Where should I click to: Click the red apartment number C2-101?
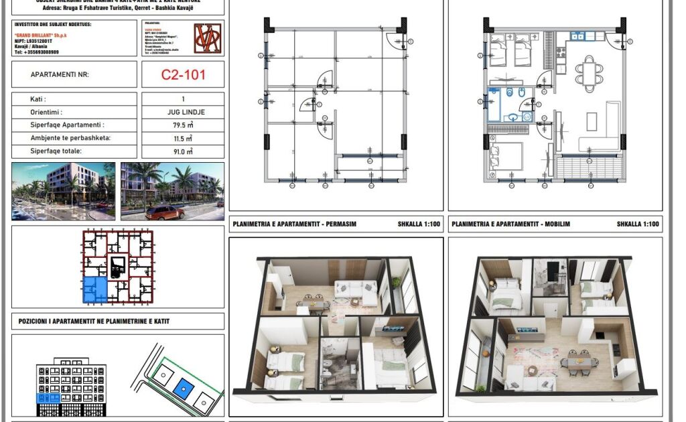pyautogui.click(x=183, y=75)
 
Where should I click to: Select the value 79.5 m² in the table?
pyautogui.click(x=182, y=125)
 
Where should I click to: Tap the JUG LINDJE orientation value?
pyautogui.click(x=182, y=113)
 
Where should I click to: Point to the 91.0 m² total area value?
pyautogui.click(x=182, y=151)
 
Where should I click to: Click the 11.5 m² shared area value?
pyautogui.click(x=182, y=139)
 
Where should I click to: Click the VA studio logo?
pyautogui.click(x=206, y=39)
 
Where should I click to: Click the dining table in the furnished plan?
pyautogui.click(x=588, y=74)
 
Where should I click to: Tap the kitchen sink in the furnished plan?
pyautogui.click(x=579, y=36)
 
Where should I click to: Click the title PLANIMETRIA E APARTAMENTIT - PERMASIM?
pyautogui.click(x=293, y=224)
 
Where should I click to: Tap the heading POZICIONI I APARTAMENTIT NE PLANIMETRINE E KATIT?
pyautogui.click(x=94, y=322)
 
